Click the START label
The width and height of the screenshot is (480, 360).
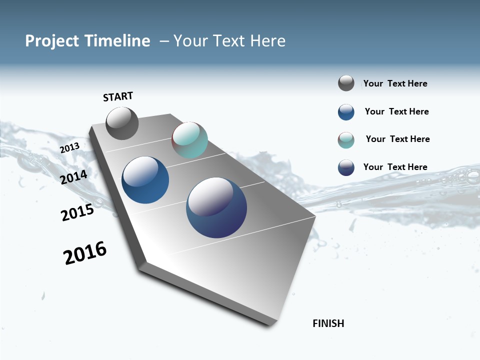[118, 96]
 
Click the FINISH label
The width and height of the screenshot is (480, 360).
[328, 323]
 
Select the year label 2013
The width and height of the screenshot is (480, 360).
[69, 148]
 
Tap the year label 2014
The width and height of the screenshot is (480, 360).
[74, 177]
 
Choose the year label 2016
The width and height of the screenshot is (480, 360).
[85, 253]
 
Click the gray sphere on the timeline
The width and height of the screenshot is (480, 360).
[122, 123]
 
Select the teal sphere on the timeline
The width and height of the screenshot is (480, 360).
[189, 140]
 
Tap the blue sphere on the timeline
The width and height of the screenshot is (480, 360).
[145, 180]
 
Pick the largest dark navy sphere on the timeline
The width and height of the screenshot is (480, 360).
[216, 207]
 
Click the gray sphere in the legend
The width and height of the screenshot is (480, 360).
[346, 83]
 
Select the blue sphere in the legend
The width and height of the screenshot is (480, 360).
[346, 112]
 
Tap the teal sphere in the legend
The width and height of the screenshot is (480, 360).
[346, 140]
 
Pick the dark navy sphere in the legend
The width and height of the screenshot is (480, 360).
[346, 167]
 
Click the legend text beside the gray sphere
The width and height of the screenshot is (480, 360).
[395, 83]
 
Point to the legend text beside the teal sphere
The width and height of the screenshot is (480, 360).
[397, 139]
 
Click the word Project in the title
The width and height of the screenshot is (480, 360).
[52, 41]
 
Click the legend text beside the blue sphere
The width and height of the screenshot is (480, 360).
[396, 111]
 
